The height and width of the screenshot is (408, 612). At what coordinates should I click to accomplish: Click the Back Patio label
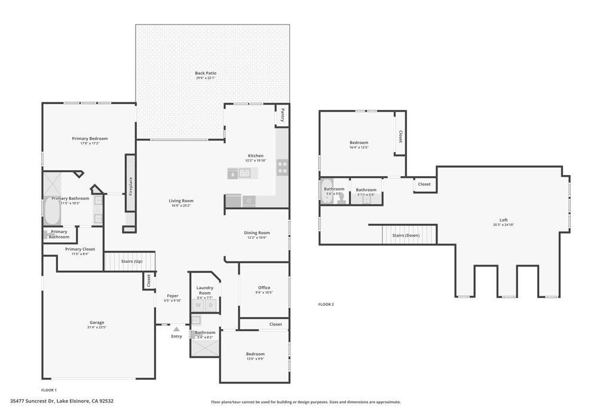click(205, 73)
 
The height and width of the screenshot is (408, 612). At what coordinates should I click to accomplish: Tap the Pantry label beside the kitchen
click(282, 114)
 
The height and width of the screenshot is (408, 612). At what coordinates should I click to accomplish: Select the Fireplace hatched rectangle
click(130, 183)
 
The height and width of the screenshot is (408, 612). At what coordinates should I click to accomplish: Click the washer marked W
click(198, 305)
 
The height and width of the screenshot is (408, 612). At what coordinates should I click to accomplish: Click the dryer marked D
click(210, 305)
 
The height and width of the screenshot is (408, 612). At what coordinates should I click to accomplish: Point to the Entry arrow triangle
click(176, 329)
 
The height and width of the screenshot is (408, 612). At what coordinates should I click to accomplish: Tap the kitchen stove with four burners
click(282, 167)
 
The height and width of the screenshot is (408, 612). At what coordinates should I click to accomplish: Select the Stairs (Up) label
click(131, 261)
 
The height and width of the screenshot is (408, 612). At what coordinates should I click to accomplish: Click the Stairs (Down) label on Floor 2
click(406, 235)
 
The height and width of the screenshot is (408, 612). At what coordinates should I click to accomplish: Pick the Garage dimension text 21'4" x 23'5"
click(96, 327)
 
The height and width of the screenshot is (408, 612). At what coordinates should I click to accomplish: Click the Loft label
click(504, 220)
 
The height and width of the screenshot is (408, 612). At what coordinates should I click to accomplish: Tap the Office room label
click(264, 287)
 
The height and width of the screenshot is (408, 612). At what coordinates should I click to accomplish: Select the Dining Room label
click(256, 232)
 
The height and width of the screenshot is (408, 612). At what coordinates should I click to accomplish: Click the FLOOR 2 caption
click(326, 304)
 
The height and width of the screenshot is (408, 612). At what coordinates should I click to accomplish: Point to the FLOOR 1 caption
click(49, 389)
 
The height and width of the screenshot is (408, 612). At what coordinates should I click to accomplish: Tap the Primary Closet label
click(80, 249)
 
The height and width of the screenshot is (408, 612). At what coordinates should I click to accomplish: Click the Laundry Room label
click(205, 290)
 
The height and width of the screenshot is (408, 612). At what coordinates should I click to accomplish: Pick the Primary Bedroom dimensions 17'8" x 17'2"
click(90, 143)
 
